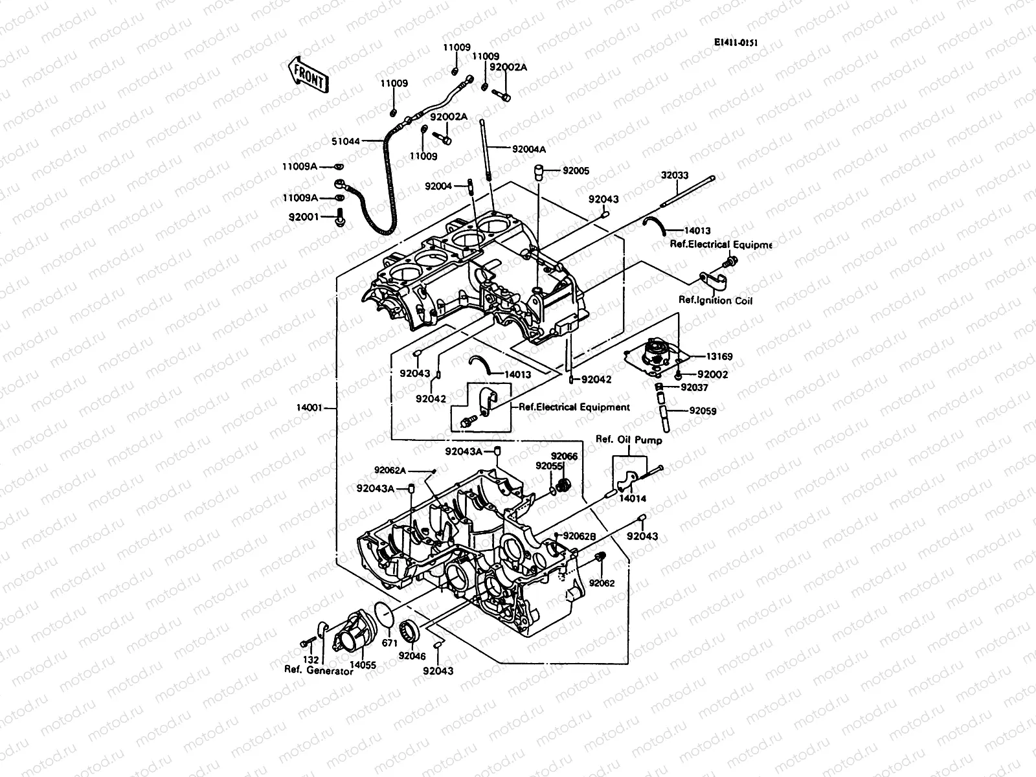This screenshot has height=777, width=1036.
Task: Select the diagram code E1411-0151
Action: [x=736, y=43]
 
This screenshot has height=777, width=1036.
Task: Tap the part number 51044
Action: [x=346, y=140]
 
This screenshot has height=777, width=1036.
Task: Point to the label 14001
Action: [x=309, y=409]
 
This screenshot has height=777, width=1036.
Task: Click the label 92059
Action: [x=703, y=411]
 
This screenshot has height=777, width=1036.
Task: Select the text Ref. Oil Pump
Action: [x=629, y=440]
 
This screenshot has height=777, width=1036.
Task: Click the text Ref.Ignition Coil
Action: [x=715, y=300]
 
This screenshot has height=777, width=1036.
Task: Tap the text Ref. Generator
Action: [x=319, y=671]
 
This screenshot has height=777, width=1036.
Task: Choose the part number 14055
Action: [x=363, y=664]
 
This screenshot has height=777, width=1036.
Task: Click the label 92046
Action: [x=412, y=656]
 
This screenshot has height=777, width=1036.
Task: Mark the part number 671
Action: [x=389, y=643]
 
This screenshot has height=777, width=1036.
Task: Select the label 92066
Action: [x=564, y=456]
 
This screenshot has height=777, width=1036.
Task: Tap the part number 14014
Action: [x=632, y=500]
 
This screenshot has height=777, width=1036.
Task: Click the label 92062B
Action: [x=579, y=535]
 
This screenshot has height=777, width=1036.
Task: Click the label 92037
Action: [x=695, y=388]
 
